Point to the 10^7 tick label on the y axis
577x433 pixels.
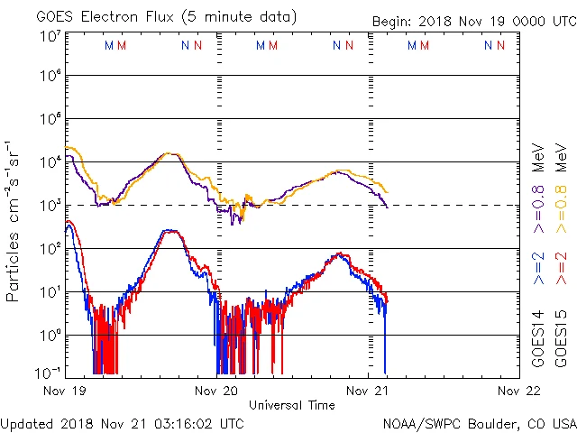click(x=50, y=36)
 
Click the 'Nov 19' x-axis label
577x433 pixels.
click(x=66, y=392)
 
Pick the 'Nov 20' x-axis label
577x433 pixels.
click(x=217, y=392)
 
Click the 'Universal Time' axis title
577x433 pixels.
click(x=291, y=405)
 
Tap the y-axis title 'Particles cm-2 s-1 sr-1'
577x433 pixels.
click(x=13, y=220)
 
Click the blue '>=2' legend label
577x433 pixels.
click(x=538, y=270)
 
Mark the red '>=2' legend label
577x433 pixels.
click(x=560, y=270)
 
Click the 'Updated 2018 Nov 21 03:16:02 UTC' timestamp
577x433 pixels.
click(x=122, y=422)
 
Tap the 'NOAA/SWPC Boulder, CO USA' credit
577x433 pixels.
click(x=479, y=422)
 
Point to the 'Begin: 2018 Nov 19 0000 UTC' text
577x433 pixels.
click(x=473, y=23)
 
